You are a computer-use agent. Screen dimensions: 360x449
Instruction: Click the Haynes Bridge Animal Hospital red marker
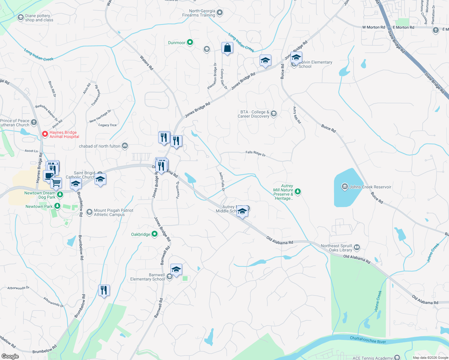pyautogui.click(x=45, y=134)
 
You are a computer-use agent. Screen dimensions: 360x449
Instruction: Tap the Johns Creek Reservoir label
pyautogui.click(x=370, y=187)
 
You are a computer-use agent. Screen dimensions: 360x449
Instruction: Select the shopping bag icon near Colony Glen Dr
pyautogui.click(x=227, y=48)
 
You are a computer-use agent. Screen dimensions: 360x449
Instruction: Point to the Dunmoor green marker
pyautogui.click(x=190, y=42)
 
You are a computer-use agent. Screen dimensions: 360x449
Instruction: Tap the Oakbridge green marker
pyautogui.click(x=154, y=234)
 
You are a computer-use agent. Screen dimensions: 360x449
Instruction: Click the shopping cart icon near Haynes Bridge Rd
pyautogui.click(x=56, y=182)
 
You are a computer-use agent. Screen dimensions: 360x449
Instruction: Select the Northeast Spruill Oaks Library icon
pyautogui.click(x=357, y=247)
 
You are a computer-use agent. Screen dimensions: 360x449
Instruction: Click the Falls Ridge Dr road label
pyautogui.click(x=255, y=154)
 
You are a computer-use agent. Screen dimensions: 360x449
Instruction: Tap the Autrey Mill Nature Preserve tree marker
pyautogui.click(x=297, y=191)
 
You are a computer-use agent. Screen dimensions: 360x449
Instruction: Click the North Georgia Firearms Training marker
pyautogui.click(x=220, y=13)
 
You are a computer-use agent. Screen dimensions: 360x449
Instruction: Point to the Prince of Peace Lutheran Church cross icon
pyautogui.click(x=34, y=122)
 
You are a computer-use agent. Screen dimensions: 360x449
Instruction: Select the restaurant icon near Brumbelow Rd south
pyautogui.click(x=104, y=290)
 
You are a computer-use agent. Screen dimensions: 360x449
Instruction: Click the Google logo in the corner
pyautogui.click(x=10, y=356)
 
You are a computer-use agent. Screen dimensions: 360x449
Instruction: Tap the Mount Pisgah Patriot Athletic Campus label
pyautogui.click(x=113, y=212)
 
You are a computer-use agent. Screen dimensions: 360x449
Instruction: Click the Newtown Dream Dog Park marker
pyautogui.click(x=60, y=194)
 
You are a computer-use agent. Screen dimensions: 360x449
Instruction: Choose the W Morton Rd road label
pyautogui.click(x=373, y=27)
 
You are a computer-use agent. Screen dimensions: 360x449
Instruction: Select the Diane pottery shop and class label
pyautogui.click(x=39, y=18)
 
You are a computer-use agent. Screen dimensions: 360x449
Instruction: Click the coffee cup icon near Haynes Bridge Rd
pyautogui.click(x=49, y=176)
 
